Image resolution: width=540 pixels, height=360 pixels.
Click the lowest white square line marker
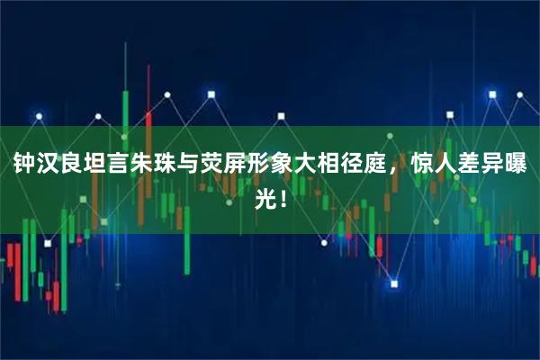[393, 283]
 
